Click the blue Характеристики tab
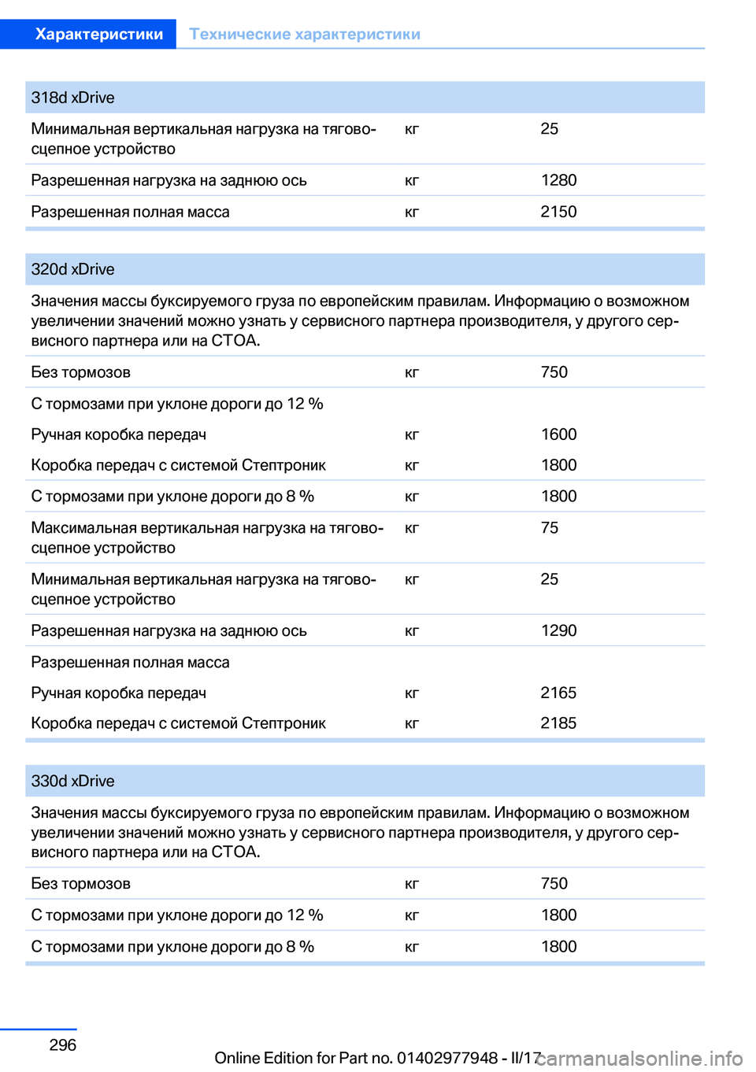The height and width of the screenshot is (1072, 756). (x=98, y=34)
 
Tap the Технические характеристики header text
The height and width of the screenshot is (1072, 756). (x=305, y=34)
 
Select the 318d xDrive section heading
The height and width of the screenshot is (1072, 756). (x=72, y=98)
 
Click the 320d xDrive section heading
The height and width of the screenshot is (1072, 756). (x=72, y=269)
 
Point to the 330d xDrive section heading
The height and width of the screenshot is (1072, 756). (x=72, y=781)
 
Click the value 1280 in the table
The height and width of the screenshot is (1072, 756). (x=558, y=180)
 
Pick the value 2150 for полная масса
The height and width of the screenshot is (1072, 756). (x=558, y=212)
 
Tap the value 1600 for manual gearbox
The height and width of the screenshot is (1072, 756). (x=558, y=434)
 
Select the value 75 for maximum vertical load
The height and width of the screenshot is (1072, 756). (x=550, y=527)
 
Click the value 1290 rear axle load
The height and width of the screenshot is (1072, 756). (x=558, y=630)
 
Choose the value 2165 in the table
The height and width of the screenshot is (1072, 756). (x=558, y=693)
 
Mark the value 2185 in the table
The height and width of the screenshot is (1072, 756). (x=558, y=723)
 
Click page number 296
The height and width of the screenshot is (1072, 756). (x=63, y=1044)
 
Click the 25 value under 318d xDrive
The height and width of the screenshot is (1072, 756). (x=550, y=128)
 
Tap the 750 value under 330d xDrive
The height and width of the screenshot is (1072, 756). (x=554, y=883)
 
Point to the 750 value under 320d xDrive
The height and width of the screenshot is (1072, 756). (x=554, y=372)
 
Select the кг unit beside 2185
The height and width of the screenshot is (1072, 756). (x=412, y=723)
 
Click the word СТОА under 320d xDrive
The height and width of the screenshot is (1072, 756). (x=235, y=341)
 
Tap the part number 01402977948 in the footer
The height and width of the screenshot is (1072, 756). (x=447, y=1058)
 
